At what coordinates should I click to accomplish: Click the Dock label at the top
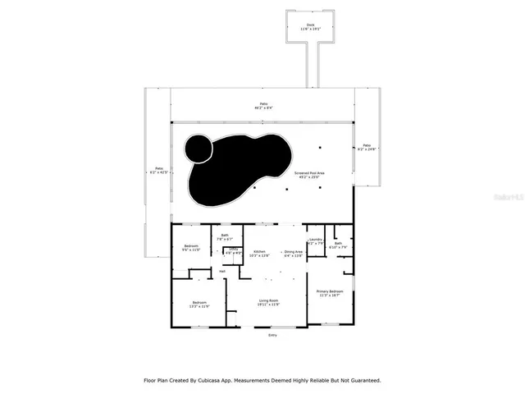(310, 25)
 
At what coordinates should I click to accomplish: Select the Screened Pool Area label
(332, 173)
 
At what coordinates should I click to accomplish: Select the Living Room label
(267, 302)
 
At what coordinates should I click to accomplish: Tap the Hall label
(222, 271)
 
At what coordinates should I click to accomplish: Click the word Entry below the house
(272, 335)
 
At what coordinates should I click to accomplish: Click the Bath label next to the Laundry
(338, 244)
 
